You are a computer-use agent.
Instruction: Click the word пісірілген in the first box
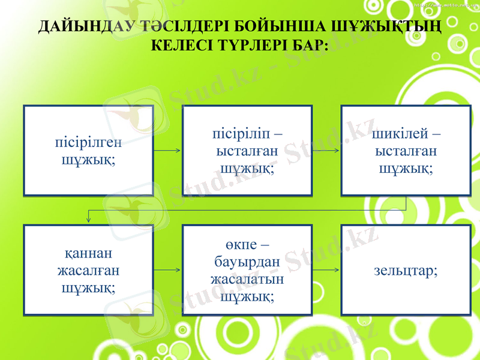[x=88, y=144]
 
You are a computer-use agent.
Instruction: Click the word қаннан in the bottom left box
[x=88, y=254]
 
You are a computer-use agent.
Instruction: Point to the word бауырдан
[x=247, y=262]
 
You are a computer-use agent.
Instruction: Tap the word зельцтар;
[x=406, y=271]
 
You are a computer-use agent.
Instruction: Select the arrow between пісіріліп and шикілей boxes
[x=326, y=150]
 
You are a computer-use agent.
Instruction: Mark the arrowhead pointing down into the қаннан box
[x=89, y=220]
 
